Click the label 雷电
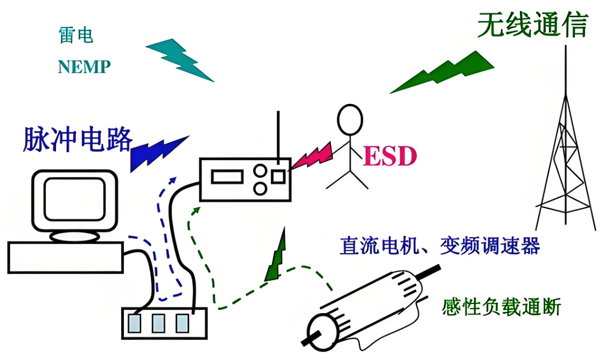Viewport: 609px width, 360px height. tap(75, 35)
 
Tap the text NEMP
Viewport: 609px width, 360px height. tap(84, 67)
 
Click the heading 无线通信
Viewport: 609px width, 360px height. tap(532, 25)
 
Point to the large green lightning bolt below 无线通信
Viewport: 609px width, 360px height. tap(443, 72)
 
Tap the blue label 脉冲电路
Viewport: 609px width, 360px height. tap(77, 139)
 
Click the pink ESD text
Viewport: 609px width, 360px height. tap(390, 156)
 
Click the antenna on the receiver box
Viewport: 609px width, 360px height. tap(278, 134)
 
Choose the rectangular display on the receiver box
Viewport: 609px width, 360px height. tap(227, 177)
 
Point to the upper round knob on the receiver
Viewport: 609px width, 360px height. tap(261, 170)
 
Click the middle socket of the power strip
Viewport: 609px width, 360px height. tap(158, 323)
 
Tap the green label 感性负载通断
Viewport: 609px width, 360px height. tap(501, 307)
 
